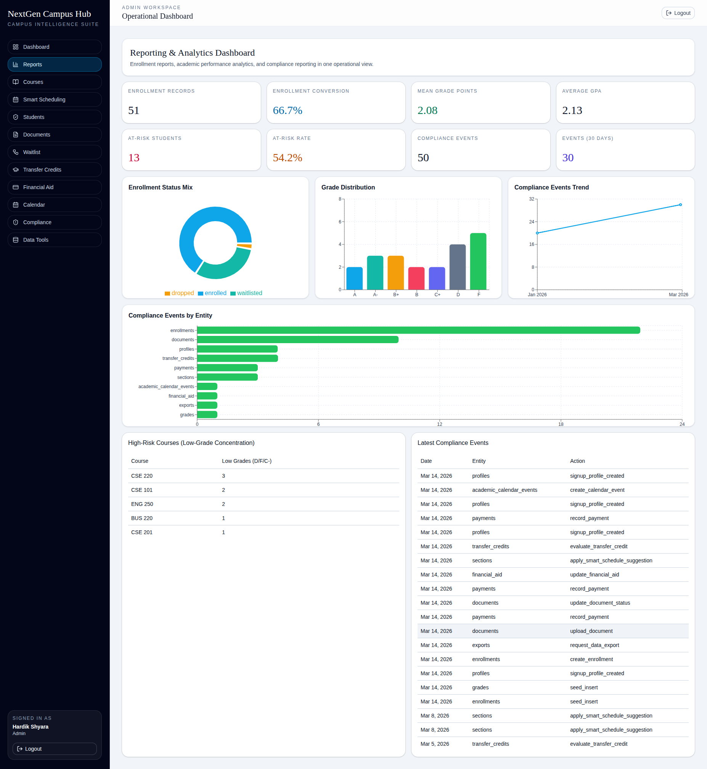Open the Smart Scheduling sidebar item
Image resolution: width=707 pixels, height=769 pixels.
click(54, 100)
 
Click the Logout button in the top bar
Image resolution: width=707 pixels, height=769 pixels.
click(678, 13)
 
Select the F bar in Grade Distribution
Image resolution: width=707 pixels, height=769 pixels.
click(478, 261)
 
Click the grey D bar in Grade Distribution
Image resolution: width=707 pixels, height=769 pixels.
click(457, 267)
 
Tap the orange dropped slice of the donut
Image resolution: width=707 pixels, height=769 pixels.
click(244, 246)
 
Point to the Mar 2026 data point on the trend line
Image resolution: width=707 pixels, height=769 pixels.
click(680, 205)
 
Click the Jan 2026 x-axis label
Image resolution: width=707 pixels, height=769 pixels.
click(537, 294)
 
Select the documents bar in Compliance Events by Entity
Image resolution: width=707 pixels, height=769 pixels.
click(297, 340)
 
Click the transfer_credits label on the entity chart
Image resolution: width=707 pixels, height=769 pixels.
click(178, 358)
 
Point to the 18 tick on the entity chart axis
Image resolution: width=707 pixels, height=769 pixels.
click(561, 424)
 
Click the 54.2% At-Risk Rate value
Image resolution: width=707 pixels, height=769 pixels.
click(287, 157)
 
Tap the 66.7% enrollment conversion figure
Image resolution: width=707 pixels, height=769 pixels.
click(287, 111)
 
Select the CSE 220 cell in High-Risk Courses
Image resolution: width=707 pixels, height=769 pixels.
click(142, 476)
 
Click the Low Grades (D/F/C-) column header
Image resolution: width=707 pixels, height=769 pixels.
click(246, 461)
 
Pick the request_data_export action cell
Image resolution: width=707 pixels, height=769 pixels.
click(594, 645)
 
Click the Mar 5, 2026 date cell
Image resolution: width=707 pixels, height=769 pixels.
click(435, 744)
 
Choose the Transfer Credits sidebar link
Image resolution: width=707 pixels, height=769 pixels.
click(54, 170)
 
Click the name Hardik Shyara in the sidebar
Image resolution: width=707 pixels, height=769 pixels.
click(31, 727)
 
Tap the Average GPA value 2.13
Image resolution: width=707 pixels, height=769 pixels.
click(572, 111)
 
